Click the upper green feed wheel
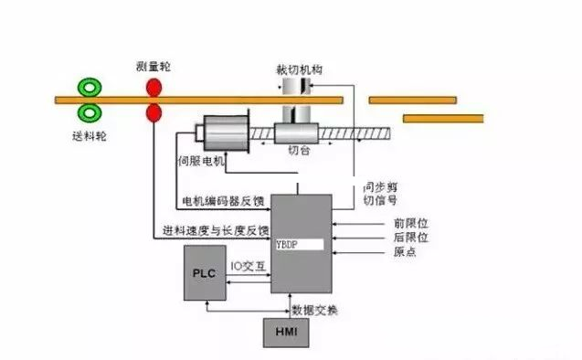click(90, 88)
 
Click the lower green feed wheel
click(90, 113)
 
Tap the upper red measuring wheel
click(152, 88)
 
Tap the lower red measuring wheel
click(152, 113)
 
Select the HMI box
click(286, 333)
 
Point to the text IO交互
click(247, 266)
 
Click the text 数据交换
click(314, 311)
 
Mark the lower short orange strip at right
click(443, 118)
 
